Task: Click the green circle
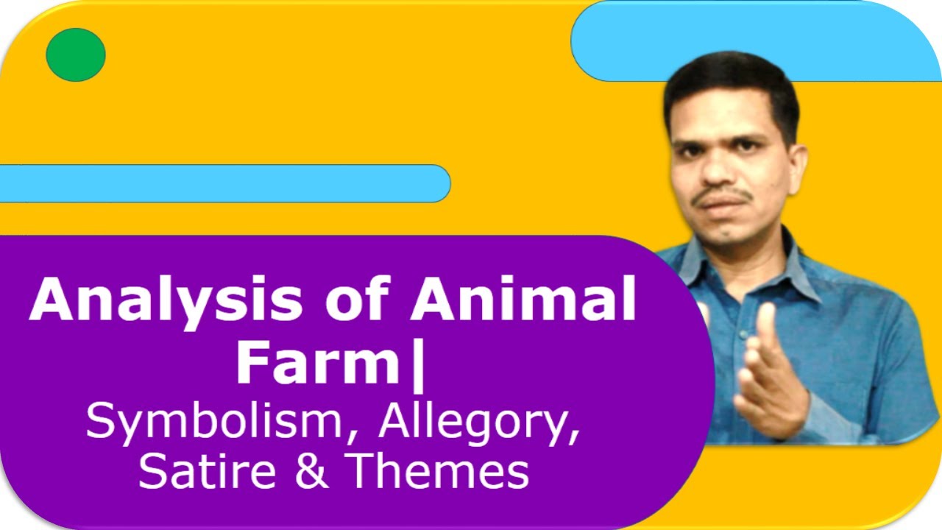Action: pyautogui.click(x=76, y=54)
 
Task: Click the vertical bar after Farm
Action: pyautogui.click(x=418, y=365)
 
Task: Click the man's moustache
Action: pyautogui.click(x=725, y=197)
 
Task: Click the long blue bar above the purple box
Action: pyautogui.click(x=221, y=183)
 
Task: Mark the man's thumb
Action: pyautogui.click(x=766, y=331)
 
